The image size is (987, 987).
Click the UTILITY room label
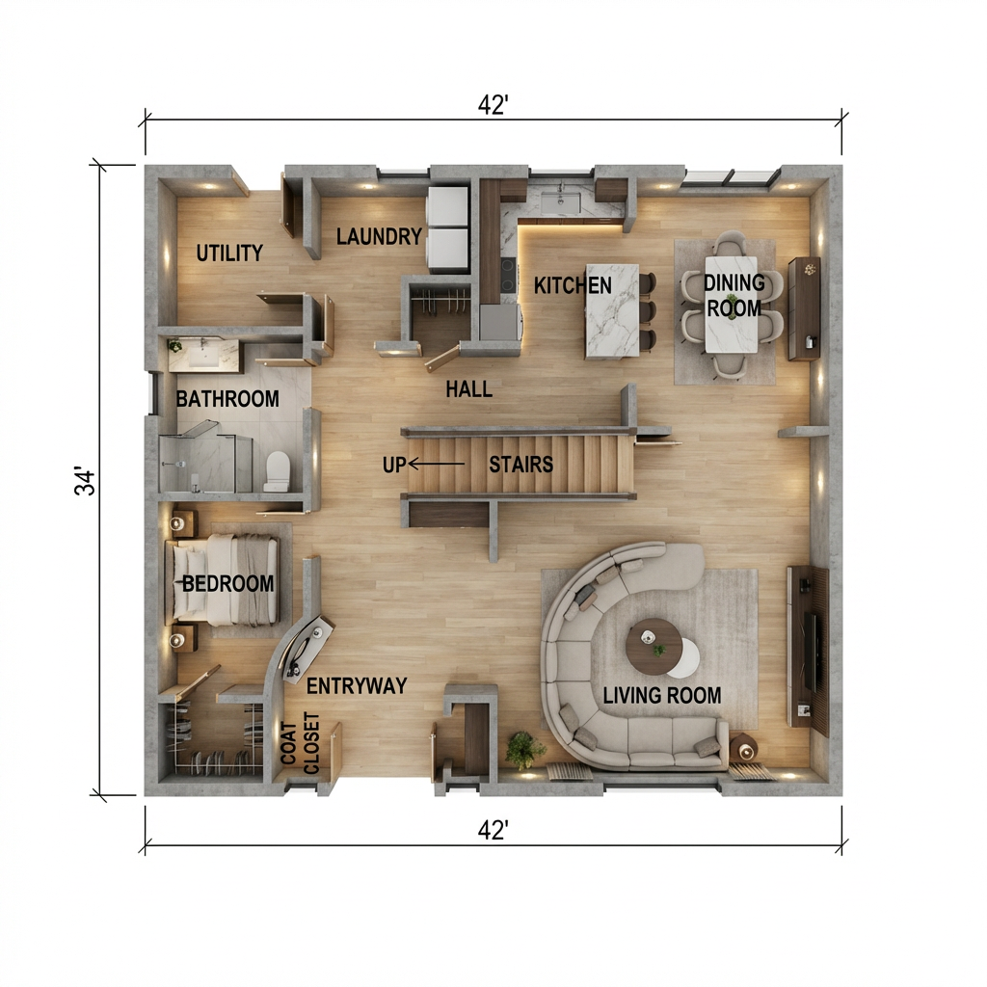coord(229,253)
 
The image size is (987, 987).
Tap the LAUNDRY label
coord(380,236)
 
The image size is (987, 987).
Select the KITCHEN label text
coord(573,285)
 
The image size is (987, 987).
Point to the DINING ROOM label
coord(734,296)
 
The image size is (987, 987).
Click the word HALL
coord(469,389)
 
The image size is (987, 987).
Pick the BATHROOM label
coord(227,398)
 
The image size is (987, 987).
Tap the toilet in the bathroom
coord(277,469)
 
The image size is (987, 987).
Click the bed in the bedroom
coord(225,580)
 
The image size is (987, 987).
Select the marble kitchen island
coord(612,310)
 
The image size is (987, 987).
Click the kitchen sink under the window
coord(559,201)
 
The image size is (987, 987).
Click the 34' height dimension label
coord(86,482)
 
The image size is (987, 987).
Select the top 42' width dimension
coord(493,106)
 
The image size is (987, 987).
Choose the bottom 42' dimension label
coord(493,831)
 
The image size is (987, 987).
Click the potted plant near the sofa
coord(524,748)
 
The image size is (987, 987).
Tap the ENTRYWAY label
coord(357,686)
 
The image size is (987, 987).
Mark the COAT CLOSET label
coord(300,743)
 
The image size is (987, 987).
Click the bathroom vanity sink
coord(203,356)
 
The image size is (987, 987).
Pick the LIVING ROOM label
coord(661,695)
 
